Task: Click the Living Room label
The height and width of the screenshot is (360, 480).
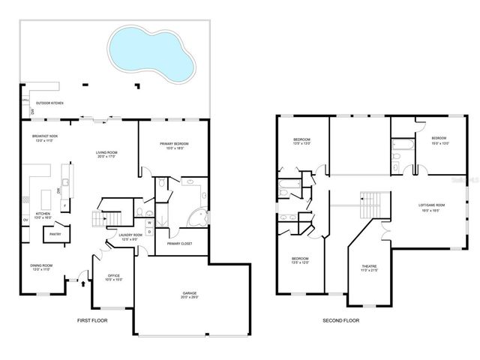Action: [x=106, y=154]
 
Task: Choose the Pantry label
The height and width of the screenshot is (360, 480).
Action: [x=54, y=235]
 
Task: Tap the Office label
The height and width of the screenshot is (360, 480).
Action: [x=114, y=277]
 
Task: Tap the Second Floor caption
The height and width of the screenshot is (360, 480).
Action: [x=341, y=321]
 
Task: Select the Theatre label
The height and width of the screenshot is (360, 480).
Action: [x=369, y=268]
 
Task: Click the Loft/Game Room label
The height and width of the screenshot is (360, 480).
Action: [x=431, y=207]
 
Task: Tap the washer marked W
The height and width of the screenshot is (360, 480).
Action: [x=148, y=223]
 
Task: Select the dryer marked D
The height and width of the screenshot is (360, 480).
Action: [x=148, y=232]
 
